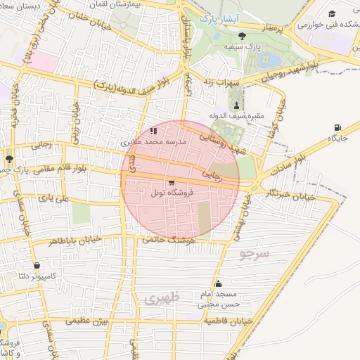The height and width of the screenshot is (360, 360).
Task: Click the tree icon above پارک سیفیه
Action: pos(243,36)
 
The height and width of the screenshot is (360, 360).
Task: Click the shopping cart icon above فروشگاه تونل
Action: pos(172,182)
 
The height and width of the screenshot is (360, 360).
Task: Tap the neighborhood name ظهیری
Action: pos(162,297)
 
